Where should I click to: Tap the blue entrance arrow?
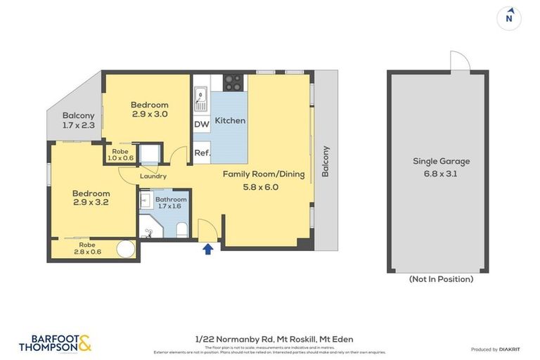point(207,249)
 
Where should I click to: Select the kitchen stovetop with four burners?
point(234,83)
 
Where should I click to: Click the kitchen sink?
point(201,98)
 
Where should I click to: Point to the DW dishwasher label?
point(201,125)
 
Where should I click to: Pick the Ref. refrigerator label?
point(202,151)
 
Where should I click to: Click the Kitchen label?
point(230,120)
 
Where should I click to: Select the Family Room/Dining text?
point(264,174)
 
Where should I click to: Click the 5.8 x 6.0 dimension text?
point(262,186)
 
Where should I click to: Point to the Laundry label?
point(153,176)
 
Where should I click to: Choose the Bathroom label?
point(171,199)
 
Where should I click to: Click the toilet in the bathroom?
point(181,228)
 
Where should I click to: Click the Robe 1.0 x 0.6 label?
point(120,154)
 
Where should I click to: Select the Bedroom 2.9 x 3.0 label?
point(149,109)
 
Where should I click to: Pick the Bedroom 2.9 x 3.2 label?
point(91,198)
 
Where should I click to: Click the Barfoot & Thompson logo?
point(56,342)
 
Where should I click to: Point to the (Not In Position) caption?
point(441,279)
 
